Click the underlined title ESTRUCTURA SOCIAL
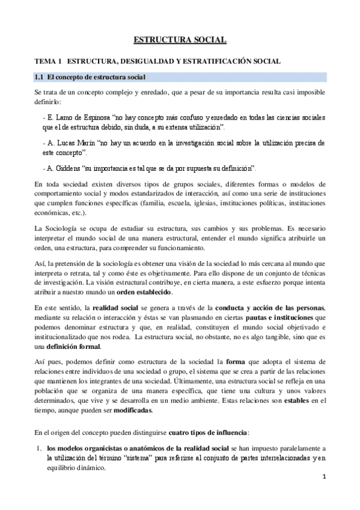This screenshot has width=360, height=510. coord(180,40)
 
